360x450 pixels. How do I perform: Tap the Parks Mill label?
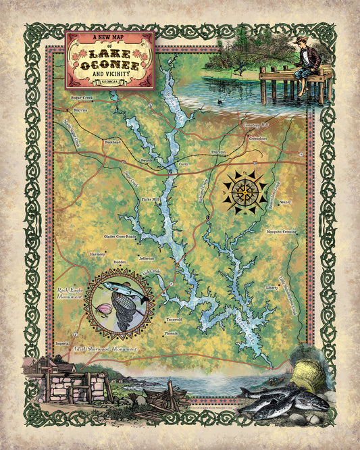(150, 200)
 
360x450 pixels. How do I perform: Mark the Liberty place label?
(272, 287)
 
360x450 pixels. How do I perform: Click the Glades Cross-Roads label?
(120, 236)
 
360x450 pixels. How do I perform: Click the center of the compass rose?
(245, 192)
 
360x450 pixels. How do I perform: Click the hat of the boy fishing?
(300, 41)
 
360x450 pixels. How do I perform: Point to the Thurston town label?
(218, 153)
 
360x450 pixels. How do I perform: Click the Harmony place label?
(97, 254)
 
